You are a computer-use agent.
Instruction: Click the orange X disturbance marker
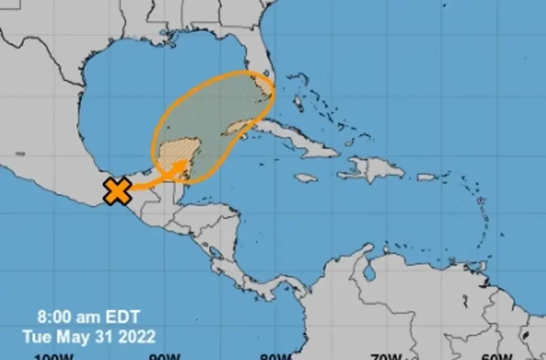tap(118, 191)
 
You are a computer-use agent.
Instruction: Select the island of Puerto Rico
tap(427, 177)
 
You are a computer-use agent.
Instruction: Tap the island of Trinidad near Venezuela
tap(486, 282)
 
